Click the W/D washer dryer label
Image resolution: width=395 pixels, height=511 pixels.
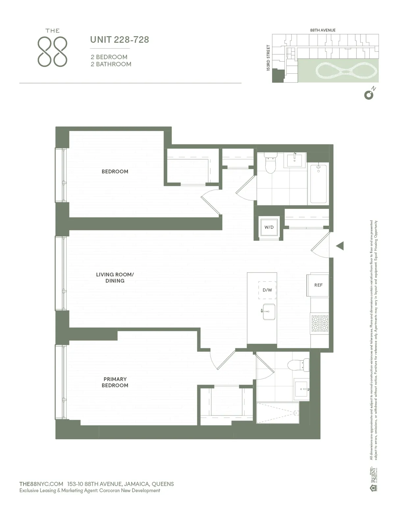coord(269,227)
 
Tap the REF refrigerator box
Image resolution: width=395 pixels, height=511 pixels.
coord(318,285)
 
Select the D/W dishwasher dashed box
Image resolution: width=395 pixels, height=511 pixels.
coord(267,290)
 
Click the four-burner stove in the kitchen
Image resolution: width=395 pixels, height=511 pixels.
coord(320,323)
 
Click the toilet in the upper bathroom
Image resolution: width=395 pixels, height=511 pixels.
coord(270,164)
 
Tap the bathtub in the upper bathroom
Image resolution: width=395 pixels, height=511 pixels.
coord(318,184)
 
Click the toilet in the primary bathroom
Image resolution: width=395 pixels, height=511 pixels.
coord(298,365)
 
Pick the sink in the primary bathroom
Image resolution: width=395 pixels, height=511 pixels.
coord(302,389)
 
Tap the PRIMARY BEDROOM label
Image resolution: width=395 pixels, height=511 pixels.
coord(115,382)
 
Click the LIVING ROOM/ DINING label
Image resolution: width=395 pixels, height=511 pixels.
coord(115,277)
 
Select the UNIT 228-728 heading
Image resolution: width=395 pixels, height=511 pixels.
coord(119,40)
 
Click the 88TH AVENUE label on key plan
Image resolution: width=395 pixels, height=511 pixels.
coord(323,30)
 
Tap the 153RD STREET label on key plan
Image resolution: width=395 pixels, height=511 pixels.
coord(268,58)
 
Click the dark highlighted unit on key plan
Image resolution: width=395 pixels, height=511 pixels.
coord(277,76)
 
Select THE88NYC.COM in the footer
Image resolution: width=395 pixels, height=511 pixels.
coord(41,484)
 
